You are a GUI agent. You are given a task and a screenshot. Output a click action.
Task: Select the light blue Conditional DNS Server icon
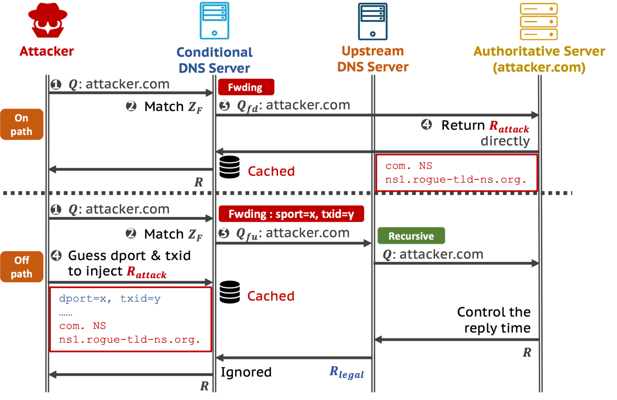pos(215,21)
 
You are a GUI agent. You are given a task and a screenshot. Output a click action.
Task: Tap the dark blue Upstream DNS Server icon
pos(372,21)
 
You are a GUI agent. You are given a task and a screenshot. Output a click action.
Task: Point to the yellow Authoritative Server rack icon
pos(538,21)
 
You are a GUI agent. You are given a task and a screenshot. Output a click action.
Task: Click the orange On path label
pos(22,124)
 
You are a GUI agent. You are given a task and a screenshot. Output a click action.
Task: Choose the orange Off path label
pos(22,267)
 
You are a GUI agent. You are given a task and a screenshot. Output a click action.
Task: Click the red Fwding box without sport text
pos(246,87)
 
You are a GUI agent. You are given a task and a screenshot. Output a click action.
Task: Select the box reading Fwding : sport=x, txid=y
pos(291,214)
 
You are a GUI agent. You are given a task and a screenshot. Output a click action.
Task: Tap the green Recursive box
pos(411,236)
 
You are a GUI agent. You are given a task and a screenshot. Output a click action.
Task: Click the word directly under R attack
pos(505,141)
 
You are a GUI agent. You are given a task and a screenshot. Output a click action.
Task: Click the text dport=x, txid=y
pos(109,298)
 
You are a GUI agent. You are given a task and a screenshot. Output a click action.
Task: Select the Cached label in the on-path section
pos(271,171)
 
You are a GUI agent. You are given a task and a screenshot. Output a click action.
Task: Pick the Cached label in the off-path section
pos(271,296)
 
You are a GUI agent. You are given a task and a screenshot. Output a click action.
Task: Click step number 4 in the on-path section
pos(426,124)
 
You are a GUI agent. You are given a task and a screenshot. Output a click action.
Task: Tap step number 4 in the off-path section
pos(56,255)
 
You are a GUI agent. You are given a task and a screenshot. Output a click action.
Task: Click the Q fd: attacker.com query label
pos(293,106)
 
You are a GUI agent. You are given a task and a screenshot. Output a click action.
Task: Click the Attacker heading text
pos(47,51)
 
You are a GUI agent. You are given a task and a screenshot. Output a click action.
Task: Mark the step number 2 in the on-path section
pos(131,106)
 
